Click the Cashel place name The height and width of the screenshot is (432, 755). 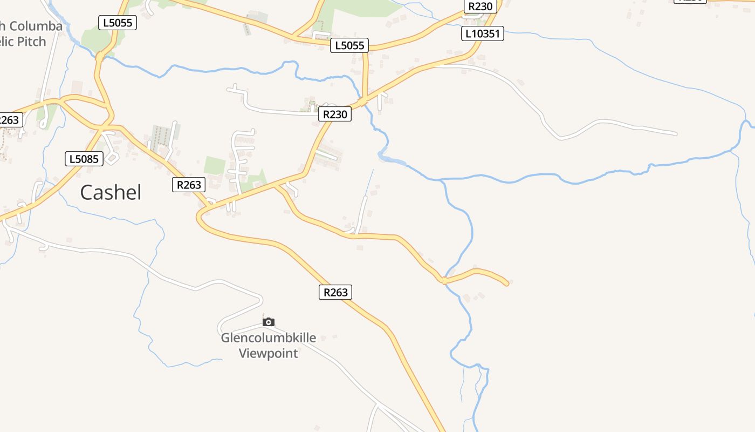coord(111,192)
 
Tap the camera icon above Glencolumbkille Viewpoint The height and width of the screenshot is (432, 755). coord(268,322)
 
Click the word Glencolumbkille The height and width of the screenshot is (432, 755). coord(268,339)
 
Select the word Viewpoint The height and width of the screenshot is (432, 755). coord(268,354)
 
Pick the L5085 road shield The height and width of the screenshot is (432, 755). coord(84,159)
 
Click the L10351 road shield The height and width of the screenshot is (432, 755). coord(482,34)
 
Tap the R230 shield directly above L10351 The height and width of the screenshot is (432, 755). coord(480,6)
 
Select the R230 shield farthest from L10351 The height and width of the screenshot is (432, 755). coord(335,114)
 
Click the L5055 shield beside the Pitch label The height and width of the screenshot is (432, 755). coord(118,23)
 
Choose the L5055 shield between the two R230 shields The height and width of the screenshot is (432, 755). coord(349,45)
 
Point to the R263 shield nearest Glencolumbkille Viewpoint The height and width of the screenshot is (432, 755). coord(335,292)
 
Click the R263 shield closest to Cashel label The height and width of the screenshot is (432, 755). coord(189,185)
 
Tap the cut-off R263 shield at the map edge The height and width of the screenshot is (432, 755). coord(10,120)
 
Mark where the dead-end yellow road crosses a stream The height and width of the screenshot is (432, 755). coord(444,281)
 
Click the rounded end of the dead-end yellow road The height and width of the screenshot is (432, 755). coord(506,283)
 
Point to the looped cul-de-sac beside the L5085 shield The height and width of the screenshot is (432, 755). coord(112,157)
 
